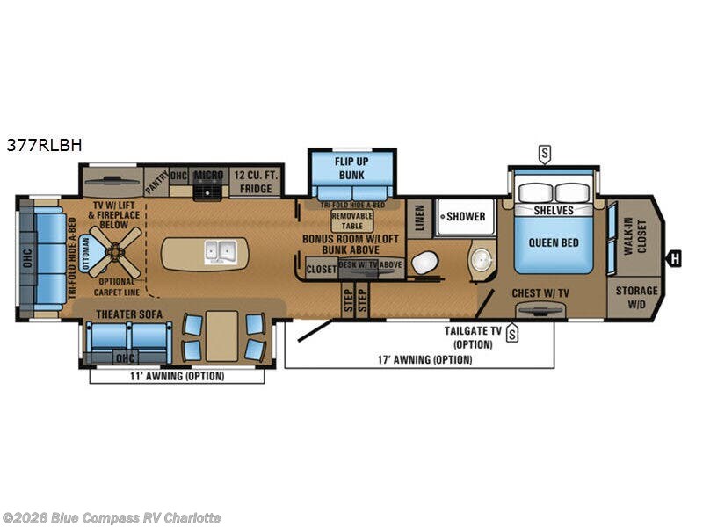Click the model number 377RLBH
click(x=44, y=146)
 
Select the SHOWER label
click(x=465, y=216)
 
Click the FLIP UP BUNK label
click(x=351, y=168)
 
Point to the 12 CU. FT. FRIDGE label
click(x=256, y=182)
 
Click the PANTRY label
click(x=156, y=183)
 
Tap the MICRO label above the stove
click(x=209, y=175)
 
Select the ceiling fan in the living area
click(x=115, y=250)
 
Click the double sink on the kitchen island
click(x=217, y=252)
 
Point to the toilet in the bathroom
click(x=425, y=263)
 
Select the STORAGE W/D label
click(x=636, y=297)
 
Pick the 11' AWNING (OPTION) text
click(x=178, y=376)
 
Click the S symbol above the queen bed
click(x=545, y=155)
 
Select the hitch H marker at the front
click(x=675, y=257)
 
